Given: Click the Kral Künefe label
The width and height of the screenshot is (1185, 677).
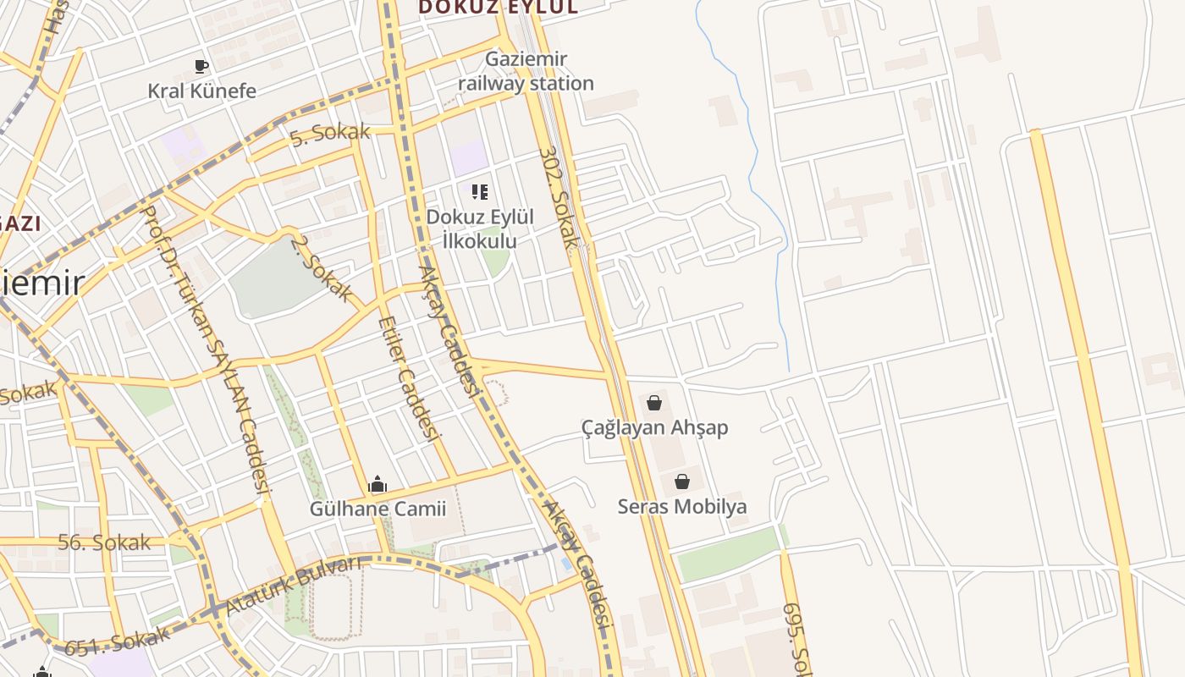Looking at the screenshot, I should (x=201, y=91).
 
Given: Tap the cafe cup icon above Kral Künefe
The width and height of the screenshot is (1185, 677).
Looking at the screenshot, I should (x=201, y=66).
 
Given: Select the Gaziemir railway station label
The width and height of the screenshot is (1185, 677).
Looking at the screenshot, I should (x=526, y=71).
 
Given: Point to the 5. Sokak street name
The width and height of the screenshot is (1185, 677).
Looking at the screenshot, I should (x=330, y=134).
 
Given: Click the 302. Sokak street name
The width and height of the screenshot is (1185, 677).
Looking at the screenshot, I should (x=559, y=199).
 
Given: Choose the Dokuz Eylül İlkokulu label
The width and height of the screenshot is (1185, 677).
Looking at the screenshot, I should (x=480, y=228).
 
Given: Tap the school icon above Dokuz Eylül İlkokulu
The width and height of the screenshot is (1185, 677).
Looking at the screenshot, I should (x=480, y=192).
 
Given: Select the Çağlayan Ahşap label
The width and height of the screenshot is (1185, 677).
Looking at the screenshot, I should (x=654, y=427).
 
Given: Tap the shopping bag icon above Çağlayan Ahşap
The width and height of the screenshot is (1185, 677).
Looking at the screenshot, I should (x=653, y=403).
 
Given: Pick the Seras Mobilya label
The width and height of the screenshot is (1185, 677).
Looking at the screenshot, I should (x=682, y=507).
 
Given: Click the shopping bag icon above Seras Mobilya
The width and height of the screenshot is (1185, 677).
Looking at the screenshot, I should (x=682, y=482).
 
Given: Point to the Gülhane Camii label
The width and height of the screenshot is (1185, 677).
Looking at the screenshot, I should (x=378, y=509).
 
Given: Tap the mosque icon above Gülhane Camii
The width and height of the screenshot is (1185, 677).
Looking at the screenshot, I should (x=378, y=485).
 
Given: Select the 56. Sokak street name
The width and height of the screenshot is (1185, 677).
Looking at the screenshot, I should (x=104, y=542).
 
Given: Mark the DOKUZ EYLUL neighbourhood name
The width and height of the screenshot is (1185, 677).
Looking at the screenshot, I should (x=499, y=8).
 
